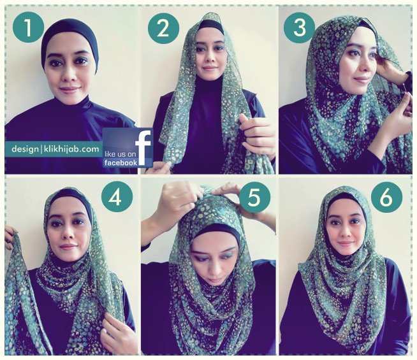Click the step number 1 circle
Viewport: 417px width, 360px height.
coord(28,27)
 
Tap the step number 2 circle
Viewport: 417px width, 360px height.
coord(163,28)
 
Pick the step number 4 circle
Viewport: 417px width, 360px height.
coord(117,197)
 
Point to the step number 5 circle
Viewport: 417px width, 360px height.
coord(254,197)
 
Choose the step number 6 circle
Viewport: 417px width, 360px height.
coord(386,197)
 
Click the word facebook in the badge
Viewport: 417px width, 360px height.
coord(121,162)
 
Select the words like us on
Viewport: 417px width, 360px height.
coord(121,154)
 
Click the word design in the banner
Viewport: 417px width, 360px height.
coord(25,149)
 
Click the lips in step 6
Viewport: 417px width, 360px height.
coord(346,243)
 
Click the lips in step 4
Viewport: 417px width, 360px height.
coord(68,247)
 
